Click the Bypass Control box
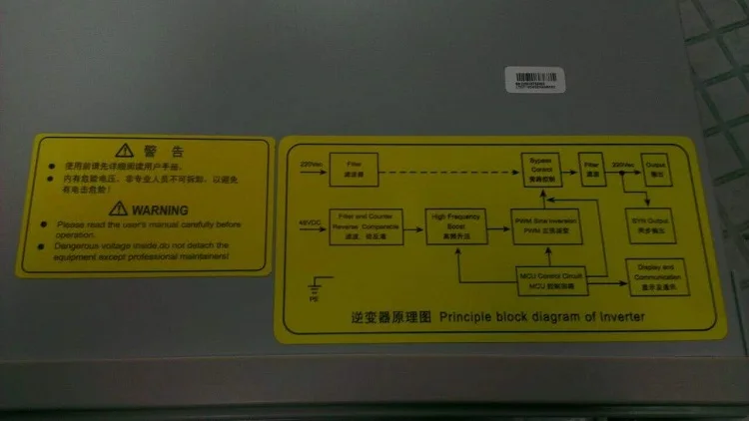[540, 165]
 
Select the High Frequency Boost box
[455, 227]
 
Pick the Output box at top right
[655, 165]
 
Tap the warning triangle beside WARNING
[119, 209]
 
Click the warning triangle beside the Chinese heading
[124, 151]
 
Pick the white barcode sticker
[537, 80]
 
